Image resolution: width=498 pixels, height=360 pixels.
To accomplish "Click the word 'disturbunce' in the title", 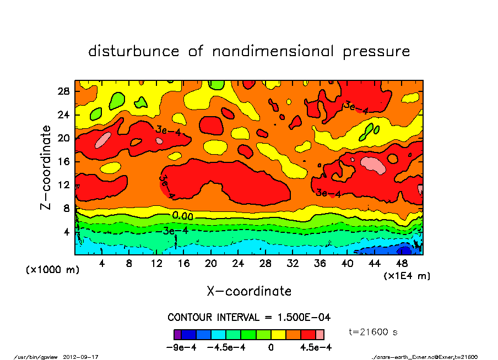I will tap(133, 52).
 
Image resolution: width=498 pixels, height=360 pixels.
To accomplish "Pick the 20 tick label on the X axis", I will tap(210, 264).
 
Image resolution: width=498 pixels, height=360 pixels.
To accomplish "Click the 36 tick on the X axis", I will tap(320, 264).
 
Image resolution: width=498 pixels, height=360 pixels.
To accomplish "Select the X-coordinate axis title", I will tap(249, 291).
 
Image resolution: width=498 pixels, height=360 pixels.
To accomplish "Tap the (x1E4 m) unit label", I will tap(407, 275).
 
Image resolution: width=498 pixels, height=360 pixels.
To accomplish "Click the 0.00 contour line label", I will tap(182, 215).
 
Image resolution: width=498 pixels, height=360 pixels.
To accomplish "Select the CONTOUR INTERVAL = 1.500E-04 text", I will tap(248, 318).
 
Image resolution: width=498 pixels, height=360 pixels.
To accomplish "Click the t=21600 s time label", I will tap(374, 332).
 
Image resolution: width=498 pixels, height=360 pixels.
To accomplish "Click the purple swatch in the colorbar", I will tap(177, 334).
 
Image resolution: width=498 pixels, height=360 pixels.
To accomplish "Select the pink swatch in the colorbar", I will tap(320, 334).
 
